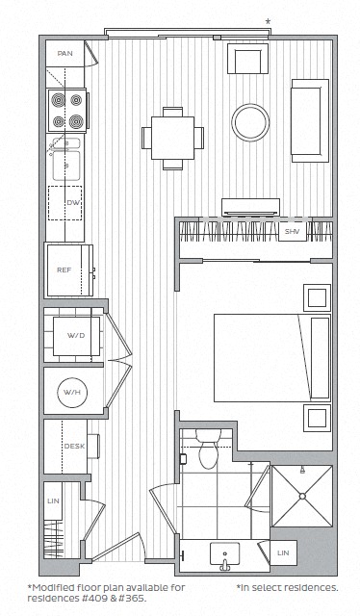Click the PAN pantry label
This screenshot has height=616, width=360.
(65, 54)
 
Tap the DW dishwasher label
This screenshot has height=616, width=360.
(72, 203)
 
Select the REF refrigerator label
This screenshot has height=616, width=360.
(64, 270)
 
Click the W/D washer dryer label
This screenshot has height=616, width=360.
(75, 335)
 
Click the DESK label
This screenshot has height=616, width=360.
(73, 446)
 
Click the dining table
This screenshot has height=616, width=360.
(172, 136)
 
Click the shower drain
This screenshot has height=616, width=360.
(302, 495)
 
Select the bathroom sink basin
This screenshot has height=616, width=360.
(229, 553)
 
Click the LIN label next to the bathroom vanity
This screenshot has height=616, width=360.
(282, 552)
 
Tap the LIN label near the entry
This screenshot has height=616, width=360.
(55, 500)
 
